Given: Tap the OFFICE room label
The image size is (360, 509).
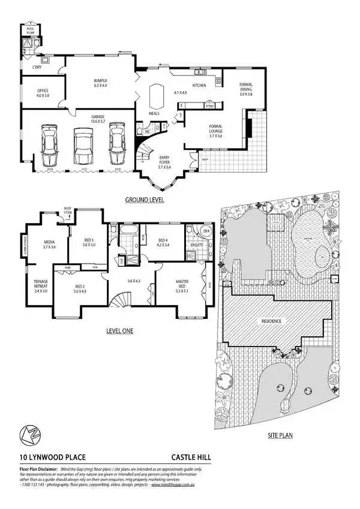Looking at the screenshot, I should pyautogui.click(x=43, y=93).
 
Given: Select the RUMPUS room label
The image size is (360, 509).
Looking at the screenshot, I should pyautogui.click(x=100, y=83).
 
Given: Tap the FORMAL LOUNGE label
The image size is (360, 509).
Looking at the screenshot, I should pyautogui.click(x=215, y=132).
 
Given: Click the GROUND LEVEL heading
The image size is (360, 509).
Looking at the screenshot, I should pyautogui.click(x=144, y=200).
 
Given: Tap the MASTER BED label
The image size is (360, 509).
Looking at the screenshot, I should pyautogui.click(x=182, y=287).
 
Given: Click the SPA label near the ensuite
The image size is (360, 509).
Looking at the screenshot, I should pyautogui.click(x=205, y=231).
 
